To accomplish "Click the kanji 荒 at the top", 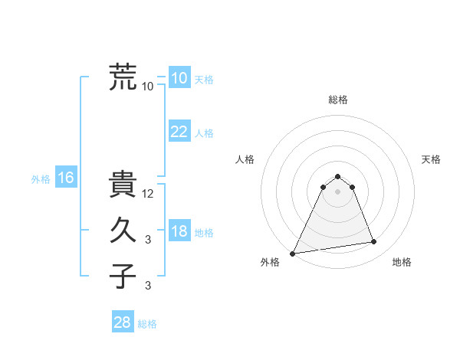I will (x=123, y=77).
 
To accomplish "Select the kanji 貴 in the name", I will (x=123, y=184).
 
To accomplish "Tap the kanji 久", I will (x=123, y=230).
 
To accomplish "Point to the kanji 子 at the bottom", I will (x=123, y=276).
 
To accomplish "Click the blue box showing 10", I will (x=179, y=78).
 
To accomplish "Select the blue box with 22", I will (x=179, y=132).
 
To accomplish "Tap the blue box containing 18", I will (x=179, y=231).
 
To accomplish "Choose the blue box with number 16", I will (x=65, y=178).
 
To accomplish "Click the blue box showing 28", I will (x=122, y=322).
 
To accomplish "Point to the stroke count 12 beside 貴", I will (x=148, y=194).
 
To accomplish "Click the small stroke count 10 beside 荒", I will (x=148, y=87).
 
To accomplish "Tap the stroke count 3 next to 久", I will (x=148, y=240).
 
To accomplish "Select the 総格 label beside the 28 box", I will (x=147, y=324).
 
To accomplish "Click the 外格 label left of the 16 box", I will (x=41, y=179).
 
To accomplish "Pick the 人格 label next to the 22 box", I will (x=204, y=133).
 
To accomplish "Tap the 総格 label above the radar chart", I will (x=338, y=100).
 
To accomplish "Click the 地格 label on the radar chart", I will (x=402, y=262).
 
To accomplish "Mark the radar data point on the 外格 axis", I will (x=293, y=253).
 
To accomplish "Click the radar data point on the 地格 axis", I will (x=374, y=242).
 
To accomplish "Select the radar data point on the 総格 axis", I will (x=338, y=176).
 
